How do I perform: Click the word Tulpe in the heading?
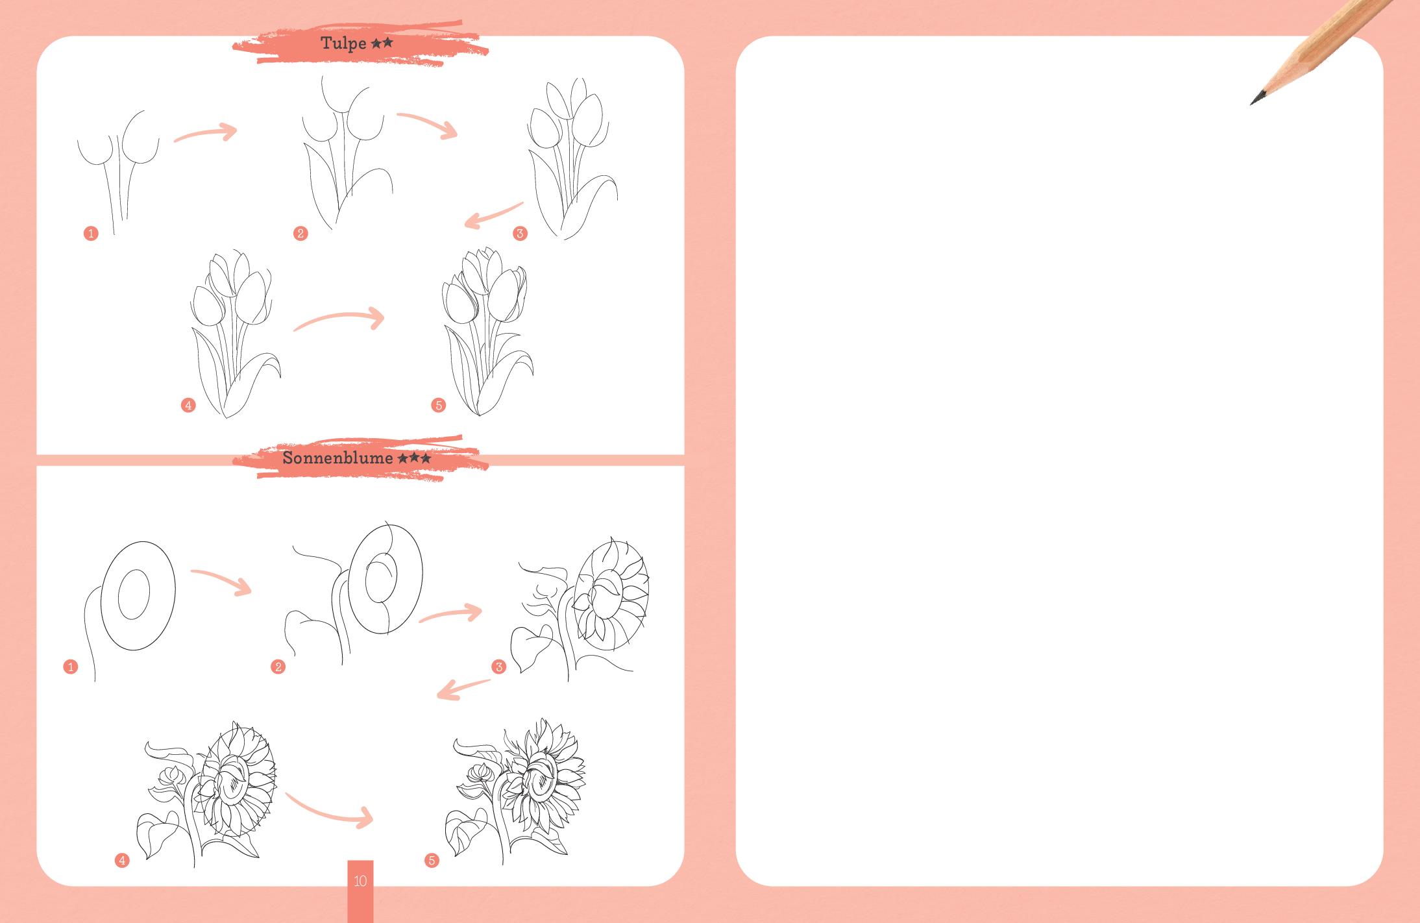(343, 44)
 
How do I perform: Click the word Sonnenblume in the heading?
(338, 458)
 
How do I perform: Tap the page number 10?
(360, 881)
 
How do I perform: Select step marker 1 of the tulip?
(91, 234)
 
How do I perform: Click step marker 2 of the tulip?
(300, 234)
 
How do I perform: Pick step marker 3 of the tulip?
(520, 234)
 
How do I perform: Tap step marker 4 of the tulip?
(188, 406)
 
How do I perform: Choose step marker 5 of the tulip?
(438, 406)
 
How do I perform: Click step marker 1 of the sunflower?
(71, 667)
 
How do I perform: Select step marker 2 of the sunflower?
(278, 667)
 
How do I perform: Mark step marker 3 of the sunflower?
(498, 667)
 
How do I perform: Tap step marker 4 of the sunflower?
(122, 861)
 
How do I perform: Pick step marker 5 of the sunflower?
(432, 861)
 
